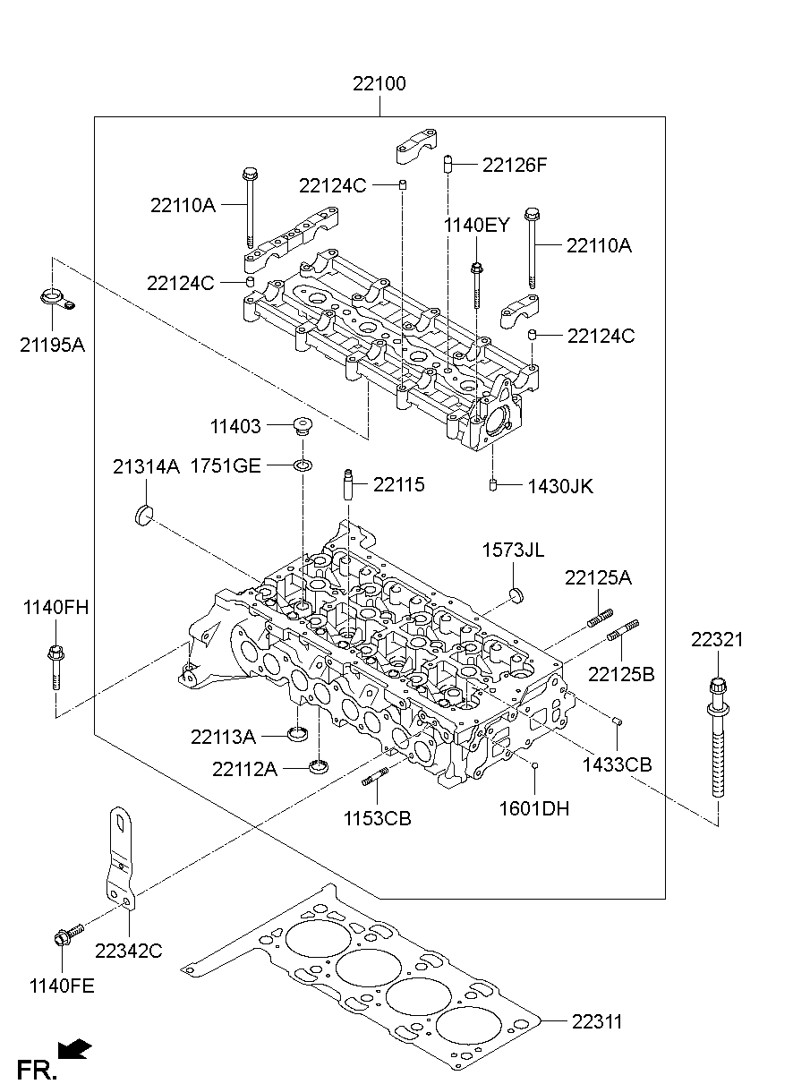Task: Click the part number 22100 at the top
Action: (379, 85)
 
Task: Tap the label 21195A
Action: (52, 344)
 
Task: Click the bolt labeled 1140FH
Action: (55, 666)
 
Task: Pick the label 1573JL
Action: (513, 550)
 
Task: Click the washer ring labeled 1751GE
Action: (304, 465)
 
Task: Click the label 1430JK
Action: (559, 486)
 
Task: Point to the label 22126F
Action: (514, 166)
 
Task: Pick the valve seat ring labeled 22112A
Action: (317, 766)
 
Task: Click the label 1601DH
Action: (534, 809)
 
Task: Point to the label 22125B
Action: (620, 674)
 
